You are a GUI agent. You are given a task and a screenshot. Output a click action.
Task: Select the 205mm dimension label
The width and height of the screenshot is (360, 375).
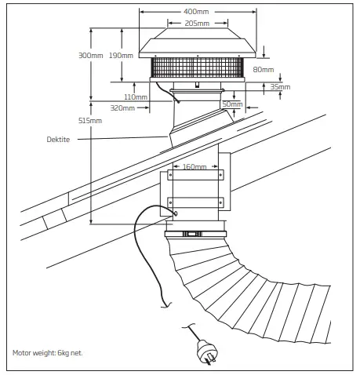pyautogui.click(x=197, y=24)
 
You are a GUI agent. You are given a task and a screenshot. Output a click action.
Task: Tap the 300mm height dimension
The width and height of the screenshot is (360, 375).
pyautogui.click(x=91, y=56)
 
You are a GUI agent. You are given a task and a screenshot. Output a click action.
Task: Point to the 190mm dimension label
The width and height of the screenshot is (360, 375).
pyautogui.click(x=122, y=56)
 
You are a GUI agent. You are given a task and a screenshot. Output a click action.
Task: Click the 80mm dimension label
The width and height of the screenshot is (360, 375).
pyautogui.click(x=264, y=70)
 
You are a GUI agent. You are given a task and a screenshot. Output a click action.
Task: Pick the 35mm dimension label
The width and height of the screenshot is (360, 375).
pyautogui.click(x=280, y=87)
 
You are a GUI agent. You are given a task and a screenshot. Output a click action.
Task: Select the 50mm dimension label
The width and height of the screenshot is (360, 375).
pyautogui.click(x=232, y=104)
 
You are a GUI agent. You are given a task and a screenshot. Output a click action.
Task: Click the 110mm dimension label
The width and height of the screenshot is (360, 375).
pyautogui.click(x=136, y=97)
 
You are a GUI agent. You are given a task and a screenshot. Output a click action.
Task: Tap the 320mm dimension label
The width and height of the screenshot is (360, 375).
pyautogui.click(x=122, y=107)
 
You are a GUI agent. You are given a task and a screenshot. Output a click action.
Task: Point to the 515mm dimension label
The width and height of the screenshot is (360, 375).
pyautogui.click(x=91, y=121)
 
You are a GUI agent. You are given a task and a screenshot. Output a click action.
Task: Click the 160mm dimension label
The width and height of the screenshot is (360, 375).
pyautogui.click(x=195, y=166)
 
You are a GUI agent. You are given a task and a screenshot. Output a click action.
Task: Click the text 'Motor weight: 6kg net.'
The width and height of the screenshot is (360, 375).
pyautogui.click(x=48, y=352)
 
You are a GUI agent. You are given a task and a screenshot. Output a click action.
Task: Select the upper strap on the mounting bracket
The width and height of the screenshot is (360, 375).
pyautogui.click(x=195, y=177)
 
